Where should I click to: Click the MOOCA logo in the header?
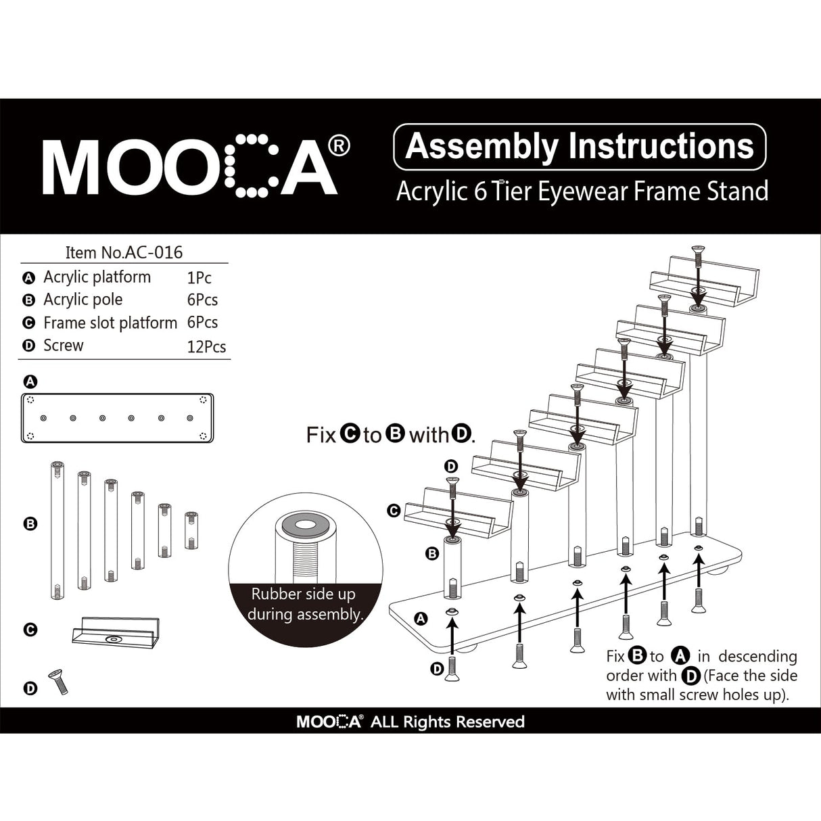pyautogui.click(x=196, y=166)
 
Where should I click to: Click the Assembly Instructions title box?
pyautogui.click(x=579, y=147)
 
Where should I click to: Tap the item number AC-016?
pyautogui.click(x=124, y=252)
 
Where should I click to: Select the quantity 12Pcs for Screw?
pyautogui.click(x=206, y=347)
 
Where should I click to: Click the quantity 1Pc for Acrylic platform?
pyautogui.click(x=199, y=277)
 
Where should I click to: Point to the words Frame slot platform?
pyautogui.click(x=110, y=323)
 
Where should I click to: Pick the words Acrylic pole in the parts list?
pyautogui.click(x=83, y=300)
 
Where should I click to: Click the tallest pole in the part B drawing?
pyautogui.click(x=57, y=530)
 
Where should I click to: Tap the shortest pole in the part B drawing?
pyautogui.click(x=191, y=530)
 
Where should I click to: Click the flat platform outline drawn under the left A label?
pyautogui.click(x=118, y=418)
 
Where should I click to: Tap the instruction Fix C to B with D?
pyautogui.click(x=391, y=434)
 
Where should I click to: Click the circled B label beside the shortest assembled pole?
pyautogui.click(x=432, y=555)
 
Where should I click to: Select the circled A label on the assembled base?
pyautogui.click(x=421, y=618)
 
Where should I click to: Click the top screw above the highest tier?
pyautogui.click(x=697, y=259)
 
